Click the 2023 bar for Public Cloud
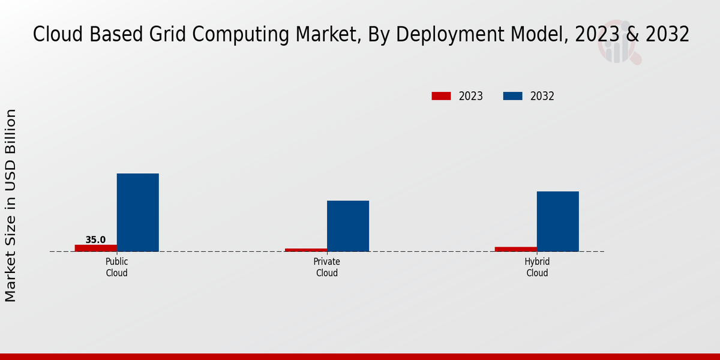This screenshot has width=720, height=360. click(x=96, y=248)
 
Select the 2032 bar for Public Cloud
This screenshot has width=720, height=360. click(x=138, y=212)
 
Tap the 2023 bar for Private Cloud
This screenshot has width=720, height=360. click(x=306, y=250)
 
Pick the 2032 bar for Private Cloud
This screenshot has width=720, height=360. click(x=348, y=226)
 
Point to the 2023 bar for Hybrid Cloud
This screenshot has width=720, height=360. click(x=516, y=249)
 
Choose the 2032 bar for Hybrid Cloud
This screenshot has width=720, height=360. click(x=558, y=221)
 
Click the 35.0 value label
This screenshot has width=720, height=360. click(x=95, y=240)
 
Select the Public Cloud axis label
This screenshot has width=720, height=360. click(x=117, y=268)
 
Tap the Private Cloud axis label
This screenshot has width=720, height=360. click(x=327, y=268)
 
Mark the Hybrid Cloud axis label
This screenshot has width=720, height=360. click(x=537, y=268)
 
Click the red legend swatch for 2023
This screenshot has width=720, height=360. click(x=441, y=96)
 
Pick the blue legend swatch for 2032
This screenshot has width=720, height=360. click(x=512, y=96)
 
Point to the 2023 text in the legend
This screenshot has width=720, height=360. click(x=471, y=96)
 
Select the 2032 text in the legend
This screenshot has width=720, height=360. click(x=542, y=96)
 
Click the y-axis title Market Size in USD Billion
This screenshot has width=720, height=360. click(x=11, y=205)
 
